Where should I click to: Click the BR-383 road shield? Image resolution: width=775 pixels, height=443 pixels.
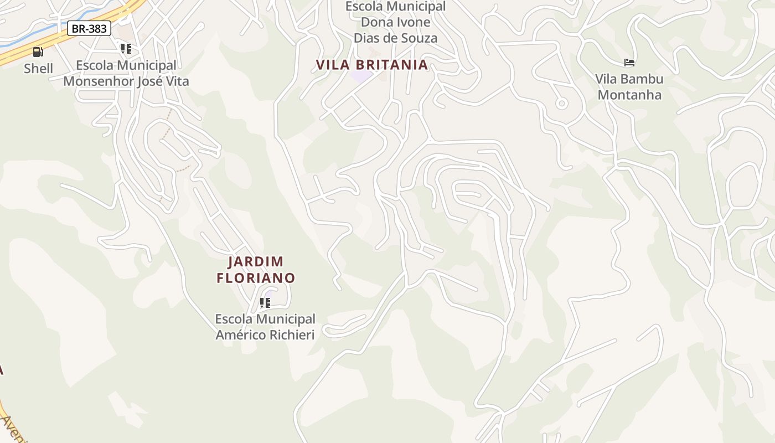(x=89, y=28)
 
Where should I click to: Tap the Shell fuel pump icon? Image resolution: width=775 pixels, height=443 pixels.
(x=38, y=52)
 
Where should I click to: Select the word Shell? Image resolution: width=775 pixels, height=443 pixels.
(x=38, y=69)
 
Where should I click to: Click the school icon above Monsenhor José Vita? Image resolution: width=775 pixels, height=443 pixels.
(x=126, y=49)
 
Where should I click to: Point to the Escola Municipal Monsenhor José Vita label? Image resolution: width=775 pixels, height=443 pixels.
(x=126, y=74)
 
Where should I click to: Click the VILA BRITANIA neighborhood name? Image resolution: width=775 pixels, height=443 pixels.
(x=372, y=65)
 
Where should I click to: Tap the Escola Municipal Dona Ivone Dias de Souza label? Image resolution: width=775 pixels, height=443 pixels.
(x=395, y=22)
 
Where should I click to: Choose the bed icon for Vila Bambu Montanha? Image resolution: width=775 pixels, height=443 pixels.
(x=629, y=62)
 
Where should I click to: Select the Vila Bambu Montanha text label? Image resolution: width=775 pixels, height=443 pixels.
(x=629, y=86)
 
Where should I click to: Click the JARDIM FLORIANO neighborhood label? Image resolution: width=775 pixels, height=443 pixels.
(x=256, y=270)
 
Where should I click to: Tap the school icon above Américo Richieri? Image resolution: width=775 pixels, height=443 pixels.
(x=265, y=302)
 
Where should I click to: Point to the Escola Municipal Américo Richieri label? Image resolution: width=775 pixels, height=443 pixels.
(x=265, y=327)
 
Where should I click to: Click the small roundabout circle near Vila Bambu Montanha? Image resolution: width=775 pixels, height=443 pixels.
(x=562, y=103)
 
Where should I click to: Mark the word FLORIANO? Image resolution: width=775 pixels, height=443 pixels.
(x=256, y=278)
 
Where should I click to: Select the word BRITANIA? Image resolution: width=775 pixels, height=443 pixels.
(x=391, y=65)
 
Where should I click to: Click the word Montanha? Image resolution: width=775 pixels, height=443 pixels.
(x=629, y=95)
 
